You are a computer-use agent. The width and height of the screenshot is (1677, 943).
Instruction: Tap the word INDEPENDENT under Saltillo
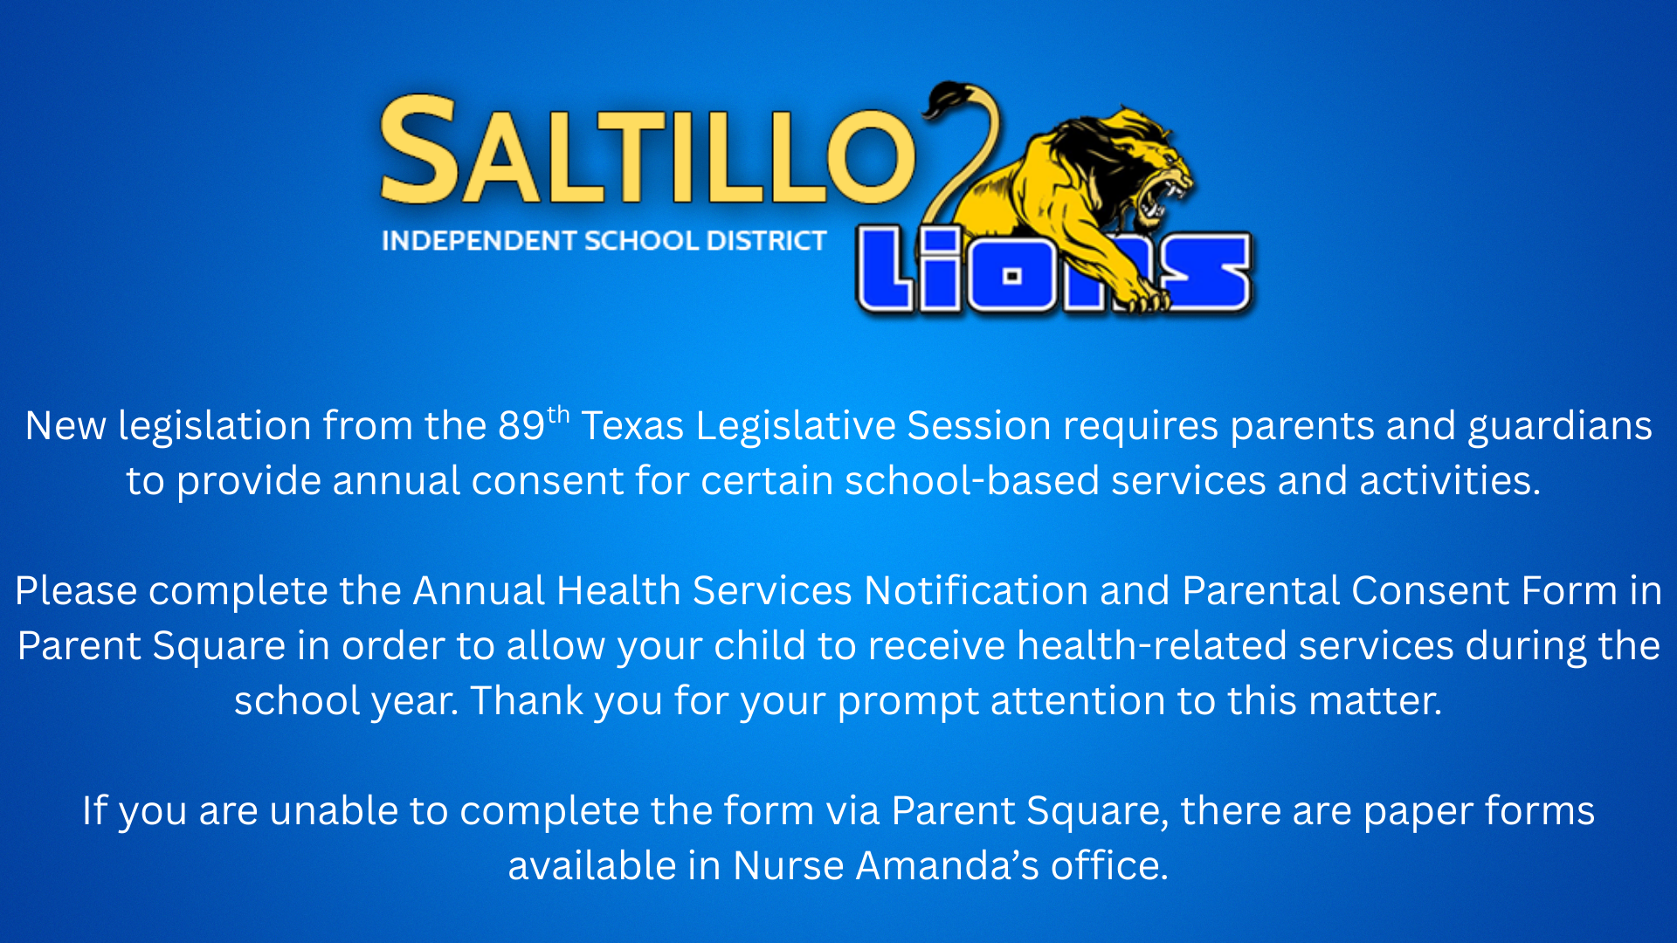480,241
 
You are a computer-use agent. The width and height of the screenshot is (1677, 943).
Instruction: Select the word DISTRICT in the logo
766,241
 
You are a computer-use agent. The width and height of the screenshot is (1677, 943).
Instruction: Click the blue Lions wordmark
1054,270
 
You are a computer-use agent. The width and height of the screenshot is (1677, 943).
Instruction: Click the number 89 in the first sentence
521,426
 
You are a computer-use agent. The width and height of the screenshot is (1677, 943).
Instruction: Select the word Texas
632,426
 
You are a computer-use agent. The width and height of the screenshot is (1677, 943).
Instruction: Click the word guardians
1559,427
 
